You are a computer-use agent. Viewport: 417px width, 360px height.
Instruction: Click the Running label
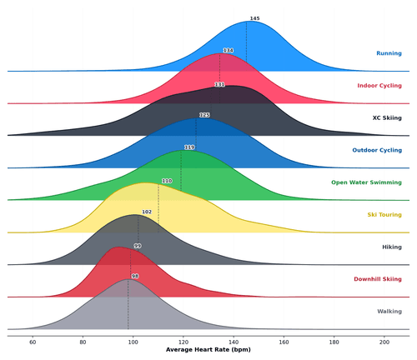tap(389, 53)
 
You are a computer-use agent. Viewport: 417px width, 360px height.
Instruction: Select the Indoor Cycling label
tap(379, 86)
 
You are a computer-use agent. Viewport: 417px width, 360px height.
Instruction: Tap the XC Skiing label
tap(387, 118)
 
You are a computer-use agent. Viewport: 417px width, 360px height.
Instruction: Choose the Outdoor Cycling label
tap(376, 150)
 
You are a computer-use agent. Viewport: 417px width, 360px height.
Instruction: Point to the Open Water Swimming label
tap(366, 182)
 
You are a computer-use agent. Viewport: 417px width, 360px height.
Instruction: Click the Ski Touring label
tap(384, 215)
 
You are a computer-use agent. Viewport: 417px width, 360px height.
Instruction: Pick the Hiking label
tap(391, 247)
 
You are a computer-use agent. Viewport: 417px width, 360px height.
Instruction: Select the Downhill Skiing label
tap(377, 279)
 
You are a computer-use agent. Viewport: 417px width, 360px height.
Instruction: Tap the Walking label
tap(389, 312)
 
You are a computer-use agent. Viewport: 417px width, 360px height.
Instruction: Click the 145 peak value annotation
tap(254, 18)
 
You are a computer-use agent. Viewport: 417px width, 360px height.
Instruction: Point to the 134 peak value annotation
tap(228, 51)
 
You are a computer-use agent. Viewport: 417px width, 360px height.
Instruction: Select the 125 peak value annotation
tap(204, 115)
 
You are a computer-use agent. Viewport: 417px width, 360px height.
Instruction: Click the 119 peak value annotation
tap(189, 147)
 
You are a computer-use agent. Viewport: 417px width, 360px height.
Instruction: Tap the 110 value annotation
tap(167, 181)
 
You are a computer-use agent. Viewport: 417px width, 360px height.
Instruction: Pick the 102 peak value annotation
tap(147, 212)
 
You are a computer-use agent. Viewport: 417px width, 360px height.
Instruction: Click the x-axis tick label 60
tap(33, 342)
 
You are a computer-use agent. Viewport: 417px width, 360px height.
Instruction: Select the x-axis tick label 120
tap(183, 342)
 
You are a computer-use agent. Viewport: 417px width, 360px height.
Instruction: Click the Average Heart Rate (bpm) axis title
tap(208, 351)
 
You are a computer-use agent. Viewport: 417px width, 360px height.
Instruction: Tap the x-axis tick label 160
tap(284, 342)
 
